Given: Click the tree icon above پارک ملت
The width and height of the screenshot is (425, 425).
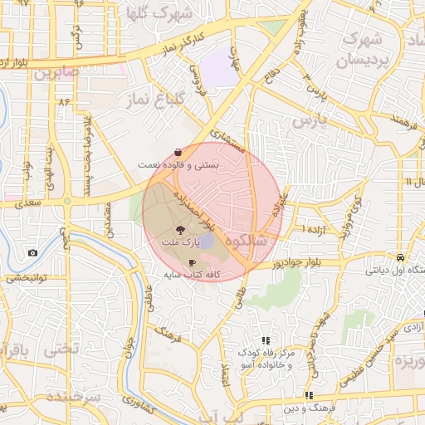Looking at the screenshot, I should click(180, 230).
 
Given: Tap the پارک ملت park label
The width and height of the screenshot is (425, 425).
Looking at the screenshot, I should click(180, 242).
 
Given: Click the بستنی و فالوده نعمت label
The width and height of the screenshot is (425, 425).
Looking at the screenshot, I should click(180, 165).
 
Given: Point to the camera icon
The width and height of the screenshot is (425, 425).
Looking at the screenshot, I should click(32, 252).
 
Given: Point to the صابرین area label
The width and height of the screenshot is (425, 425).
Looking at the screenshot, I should click(56, 72).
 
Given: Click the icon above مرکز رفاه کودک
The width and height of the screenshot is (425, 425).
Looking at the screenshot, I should click(266, 340).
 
